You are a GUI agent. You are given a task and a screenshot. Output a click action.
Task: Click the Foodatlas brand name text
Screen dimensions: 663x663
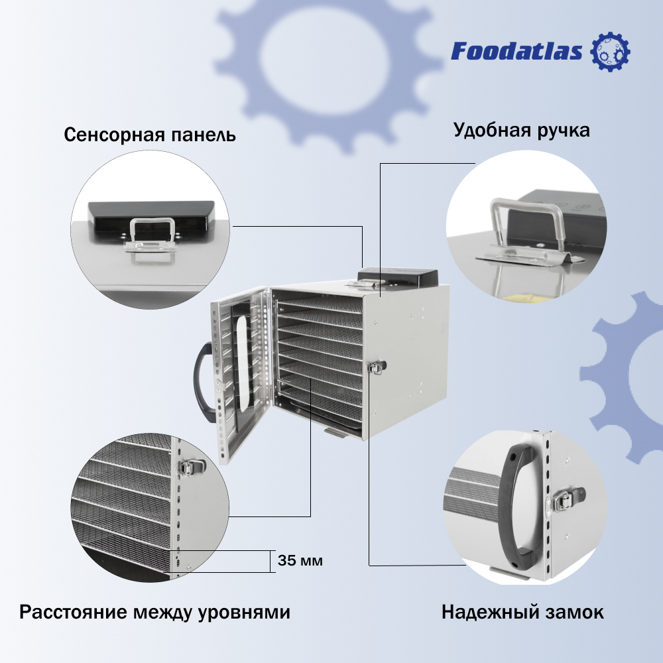(517, 52)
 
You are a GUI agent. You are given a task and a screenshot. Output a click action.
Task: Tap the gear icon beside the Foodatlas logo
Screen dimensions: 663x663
(610, 52)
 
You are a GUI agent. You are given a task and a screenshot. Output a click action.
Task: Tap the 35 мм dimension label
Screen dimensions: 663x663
(300, 561)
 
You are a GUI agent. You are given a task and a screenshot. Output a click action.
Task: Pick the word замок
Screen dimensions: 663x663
(576, 612)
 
